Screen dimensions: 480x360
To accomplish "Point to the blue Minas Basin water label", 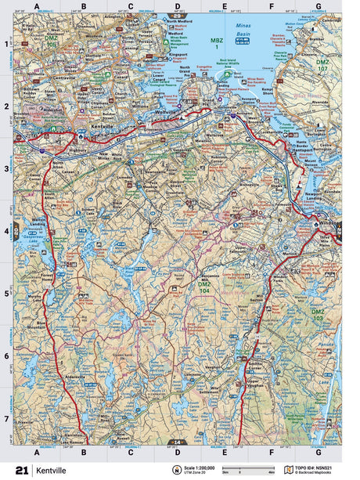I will coord(236,31).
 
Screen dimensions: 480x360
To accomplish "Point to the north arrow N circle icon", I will coord(174,470).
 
